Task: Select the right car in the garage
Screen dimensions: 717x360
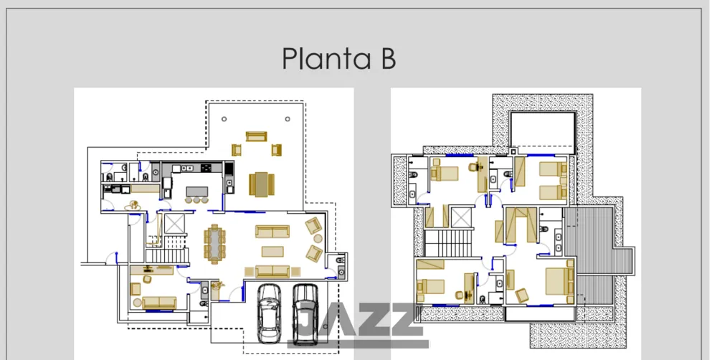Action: (305, 314)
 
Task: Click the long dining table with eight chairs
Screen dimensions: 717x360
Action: (214, 244)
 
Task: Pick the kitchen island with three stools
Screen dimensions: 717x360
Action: (196, 194)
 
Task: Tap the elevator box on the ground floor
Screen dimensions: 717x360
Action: (174, 223)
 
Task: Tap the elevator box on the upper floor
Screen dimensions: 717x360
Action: (460, 217)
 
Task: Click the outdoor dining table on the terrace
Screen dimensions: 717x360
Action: (262, 184)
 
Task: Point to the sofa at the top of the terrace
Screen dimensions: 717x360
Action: (256, 136)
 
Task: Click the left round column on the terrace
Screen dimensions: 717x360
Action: (224, 119)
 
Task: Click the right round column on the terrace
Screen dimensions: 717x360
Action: (288, 119)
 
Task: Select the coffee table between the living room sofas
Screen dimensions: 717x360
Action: (272, 252)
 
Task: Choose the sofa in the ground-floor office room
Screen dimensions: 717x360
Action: (158, 303)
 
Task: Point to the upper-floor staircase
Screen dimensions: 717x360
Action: (449, 243)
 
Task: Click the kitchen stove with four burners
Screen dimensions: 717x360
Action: (206, 168)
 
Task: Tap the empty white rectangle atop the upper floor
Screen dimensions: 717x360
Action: (542, 133)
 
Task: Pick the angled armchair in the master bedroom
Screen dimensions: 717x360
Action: (522, 295)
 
